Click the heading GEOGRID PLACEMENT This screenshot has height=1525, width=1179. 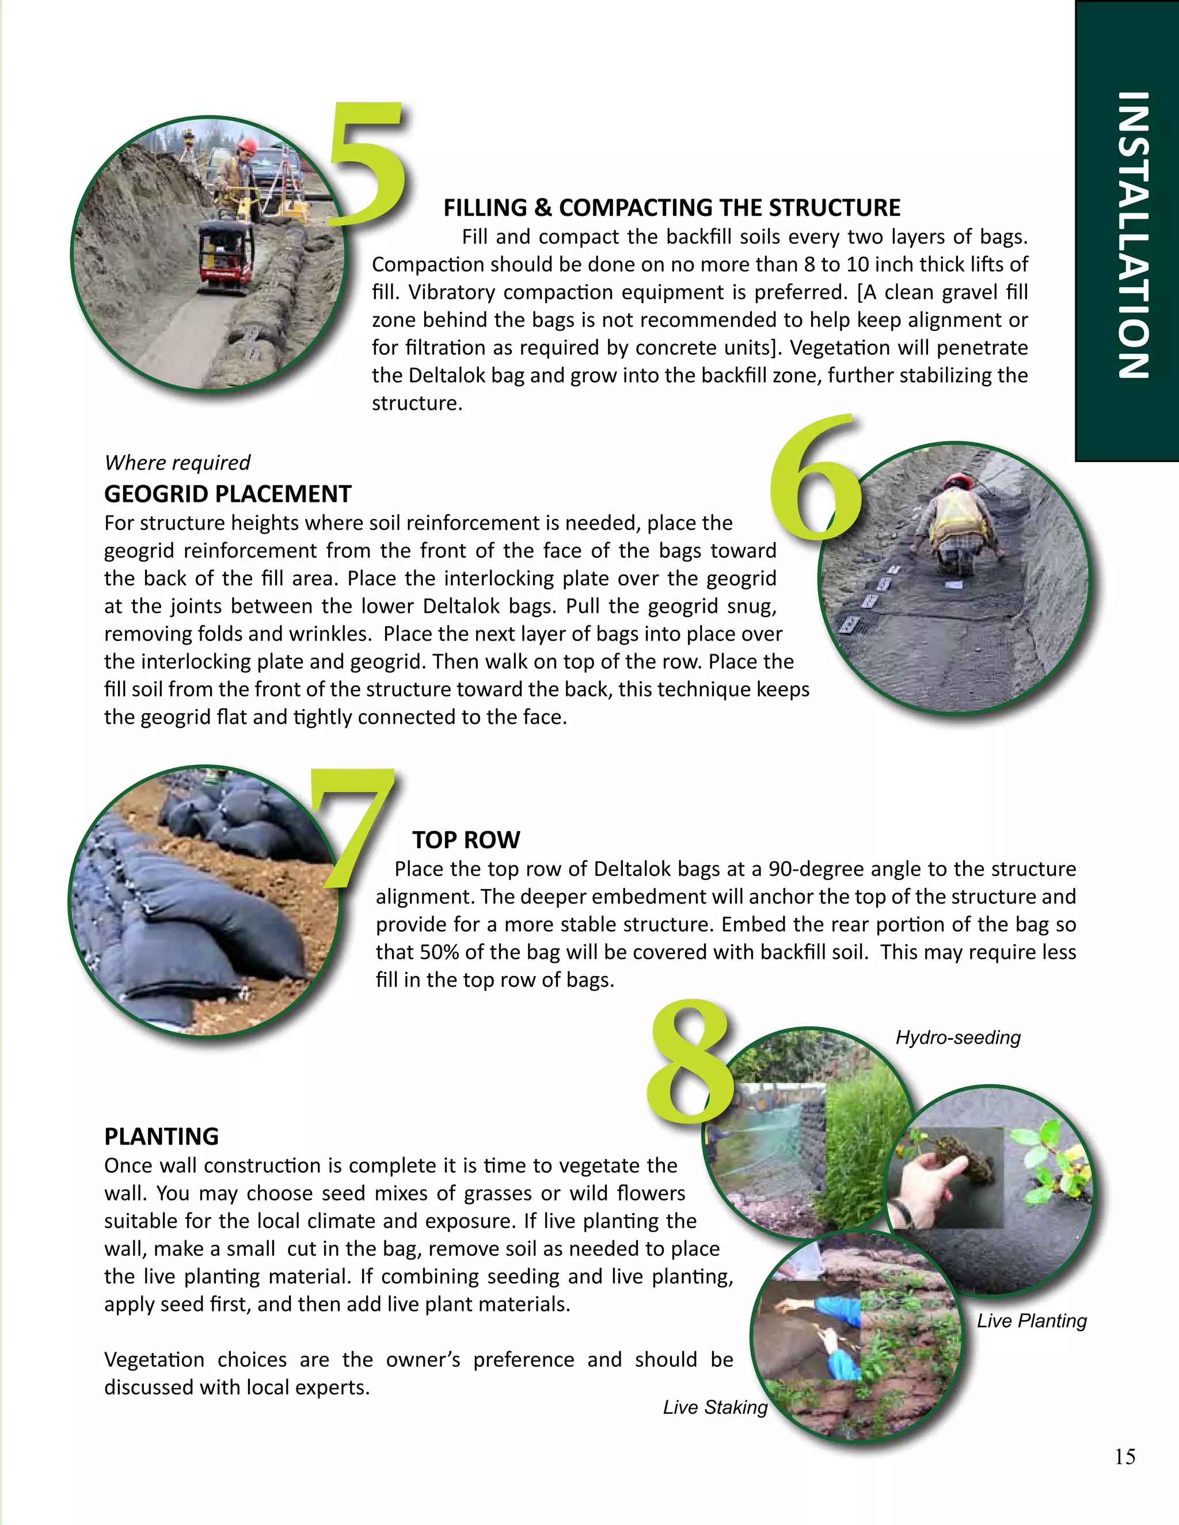[x=228, y=494]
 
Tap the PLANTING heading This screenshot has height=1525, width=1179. [x=161, y=1137]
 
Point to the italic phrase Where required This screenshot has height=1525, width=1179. [x=177, y=463]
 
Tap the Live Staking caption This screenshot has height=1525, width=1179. [x=715, y=1408]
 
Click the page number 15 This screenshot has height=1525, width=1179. [x=1124, y=1457]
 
